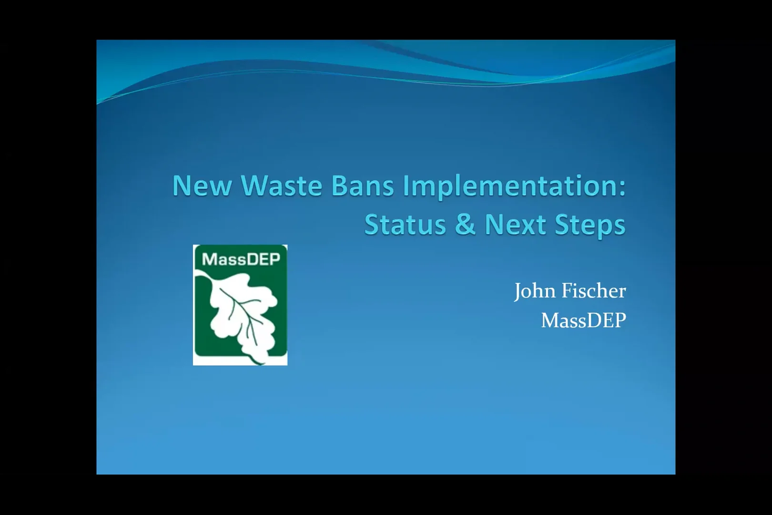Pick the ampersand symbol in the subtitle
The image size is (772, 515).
coord(465,225)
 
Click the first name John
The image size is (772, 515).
coord(532,291)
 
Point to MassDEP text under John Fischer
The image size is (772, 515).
coord(583,320)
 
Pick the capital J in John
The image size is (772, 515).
coord(518,291)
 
